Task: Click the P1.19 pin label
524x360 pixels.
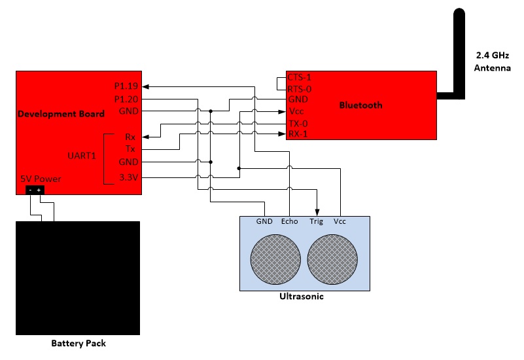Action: tap(126, 86)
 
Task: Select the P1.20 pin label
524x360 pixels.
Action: tap(126, 99)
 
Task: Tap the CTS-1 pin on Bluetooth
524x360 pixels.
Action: tap(300, 77)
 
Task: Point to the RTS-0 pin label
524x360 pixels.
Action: tap(300, 89)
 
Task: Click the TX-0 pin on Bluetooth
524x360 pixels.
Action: tap(298, 124)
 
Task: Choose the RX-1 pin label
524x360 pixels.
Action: tap(298, 134)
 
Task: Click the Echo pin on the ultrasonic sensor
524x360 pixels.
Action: tap(289, 221)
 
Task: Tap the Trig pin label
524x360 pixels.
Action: tap(316, 222)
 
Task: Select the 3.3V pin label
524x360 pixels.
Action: tap(129, 177)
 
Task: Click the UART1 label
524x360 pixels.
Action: tap(82, 156)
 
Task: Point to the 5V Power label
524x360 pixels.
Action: tap(41, 179)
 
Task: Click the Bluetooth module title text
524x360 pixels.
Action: tap(361, 105)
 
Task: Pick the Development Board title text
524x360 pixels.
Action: tap(61, 114)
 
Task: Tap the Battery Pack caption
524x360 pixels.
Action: tap(79, 343)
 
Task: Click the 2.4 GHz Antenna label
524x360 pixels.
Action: tap(492, 62)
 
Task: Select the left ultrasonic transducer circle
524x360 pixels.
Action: tap(275, 259)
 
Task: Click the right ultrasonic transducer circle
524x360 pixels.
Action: tap(332, 259)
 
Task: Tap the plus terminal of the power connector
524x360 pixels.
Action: tap(39, 190)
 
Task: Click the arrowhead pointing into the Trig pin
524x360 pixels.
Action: tap(317, 213)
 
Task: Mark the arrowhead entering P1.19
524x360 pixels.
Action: tap(146, 87)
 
